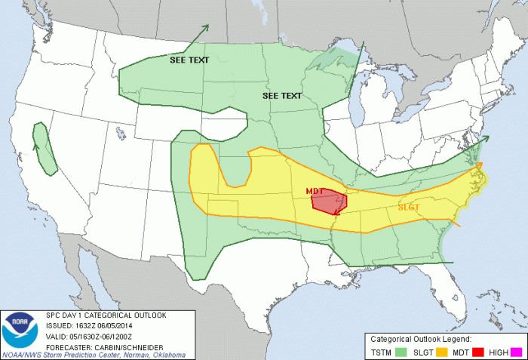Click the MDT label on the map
tap(315, 191)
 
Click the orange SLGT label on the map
tap(409, 206)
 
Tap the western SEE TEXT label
tap(189, 60)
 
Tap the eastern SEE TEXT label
tap(282, 96)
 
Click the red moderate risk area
tap(330, 202)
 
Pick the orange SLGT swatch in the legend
tap(443, 351)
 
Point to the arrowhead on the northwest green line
tap(206, 28)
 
